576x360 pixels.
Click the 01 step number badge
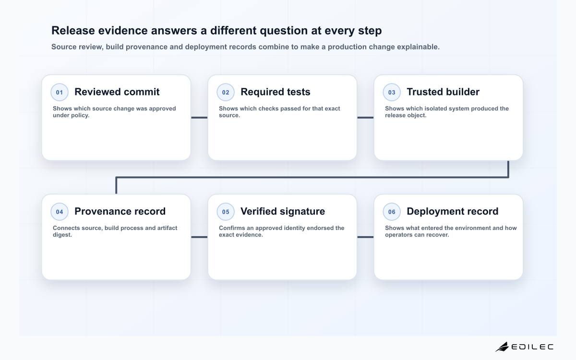(60, 92)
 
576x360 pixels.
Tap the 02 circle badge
(226, 92)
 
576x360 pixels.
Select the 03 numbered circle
(392, 92)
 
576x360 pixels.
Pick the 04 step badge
(60, 212)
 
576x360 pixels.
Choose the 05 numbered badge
(226, 212)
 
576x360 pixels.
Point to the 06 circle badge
(392, 212)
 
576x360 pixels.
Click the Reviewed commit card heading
(117, 92)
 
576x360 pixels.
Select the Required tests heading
(276, 92)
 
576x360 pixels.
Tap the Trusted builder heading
(443, 92)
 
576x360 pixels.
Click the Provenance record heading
(120, 211)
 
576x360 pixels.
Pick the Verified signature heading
(283, 211)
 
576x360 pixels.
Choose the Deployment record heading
(453, 211)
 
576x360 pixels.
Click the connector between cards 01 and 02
(199, 118)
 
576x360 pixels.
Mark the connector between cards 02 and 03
(365, 118)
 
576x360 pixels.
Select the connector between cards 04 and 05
(199, 237)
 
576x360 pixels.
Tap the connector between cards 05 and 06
(365, 237)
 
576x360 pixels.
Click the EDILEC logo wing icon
(502, 347)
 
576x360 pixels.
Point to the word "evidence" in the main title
(123, 30)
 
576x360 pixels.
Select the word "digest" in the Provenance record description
(62, 235)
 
